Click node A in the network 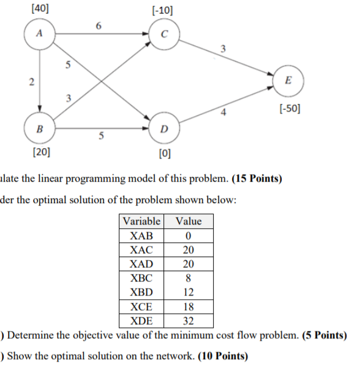[x=39, y=34]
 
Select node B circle [x=39, y=129]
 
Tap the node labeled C [x=162, y=34]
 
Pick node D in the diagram [x=162, y=129]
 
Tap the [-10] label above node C [x=162, y=9]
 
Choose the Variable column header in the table [x=141, y=221]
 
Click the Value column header [x=188, y=221]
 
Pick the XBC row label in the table [x=141, y=278]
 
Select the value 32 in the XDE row [x=188, y=321]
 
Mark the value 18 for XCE [x=188, y=307]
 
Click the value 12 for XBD [x=188, y=292]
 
